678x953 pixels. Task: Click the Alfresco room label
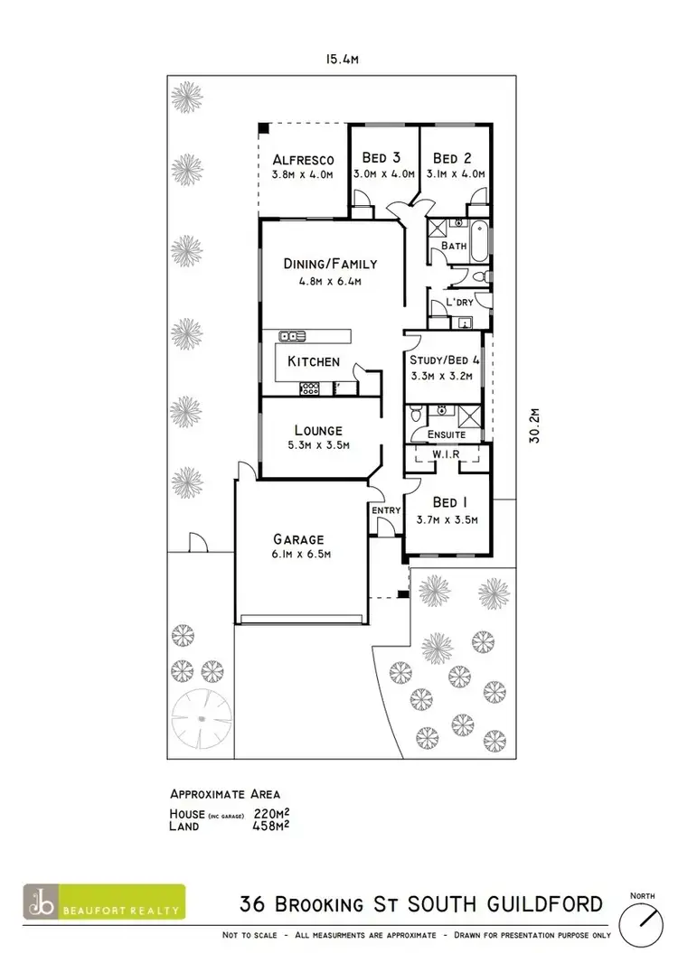[x=304, y=159]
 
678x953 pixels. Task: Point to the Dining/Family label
[x=330, y=265]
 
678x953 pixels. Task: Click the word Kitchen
[x=314, y=361]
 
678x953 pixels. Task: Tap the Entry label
[x=386, y=511]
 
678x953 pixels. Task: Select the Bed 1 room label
[x=447, y=503]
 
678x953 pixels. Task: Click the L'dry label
[x=459, y=303]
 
